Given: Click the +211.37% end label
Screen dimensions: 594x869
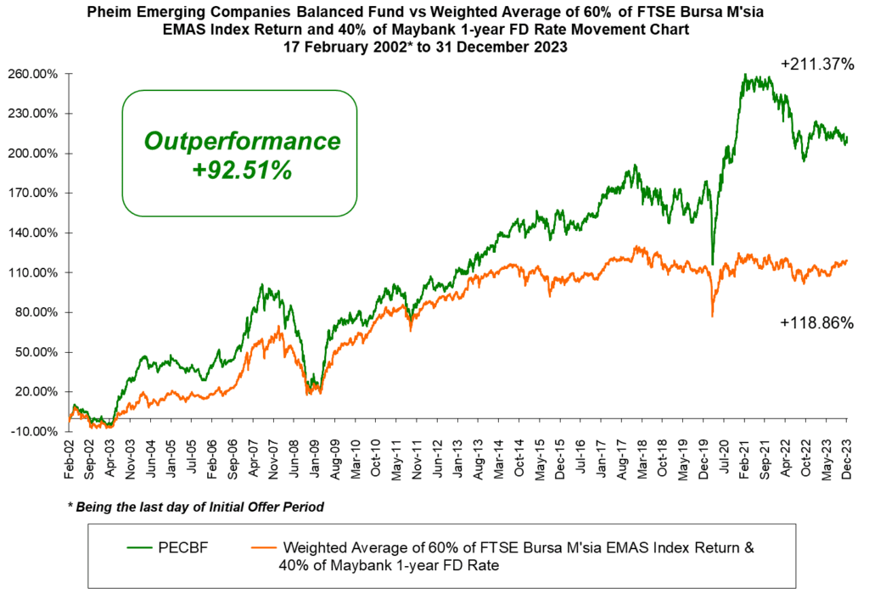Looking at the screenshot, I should (816, 63).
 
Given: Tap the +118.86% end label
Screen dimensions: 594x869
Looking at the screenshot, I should (816, 323).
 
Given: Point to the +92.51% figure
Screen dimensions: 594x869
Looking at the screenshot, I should (242, 170).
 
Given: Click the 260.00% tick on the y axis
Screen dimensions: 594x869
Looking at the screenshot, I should (34, 74).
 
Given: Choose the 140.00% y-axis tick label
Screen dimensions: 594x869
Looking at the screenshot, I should (34, 233).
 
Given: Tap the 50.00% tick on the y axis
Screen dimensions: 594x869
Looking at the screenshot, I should (37, 352).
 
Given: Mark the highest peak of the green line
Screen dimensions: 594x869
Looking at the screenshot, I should (744, 74).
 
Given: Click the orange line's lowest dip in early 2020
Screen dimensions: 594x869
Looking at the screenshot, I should (712, 317).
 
